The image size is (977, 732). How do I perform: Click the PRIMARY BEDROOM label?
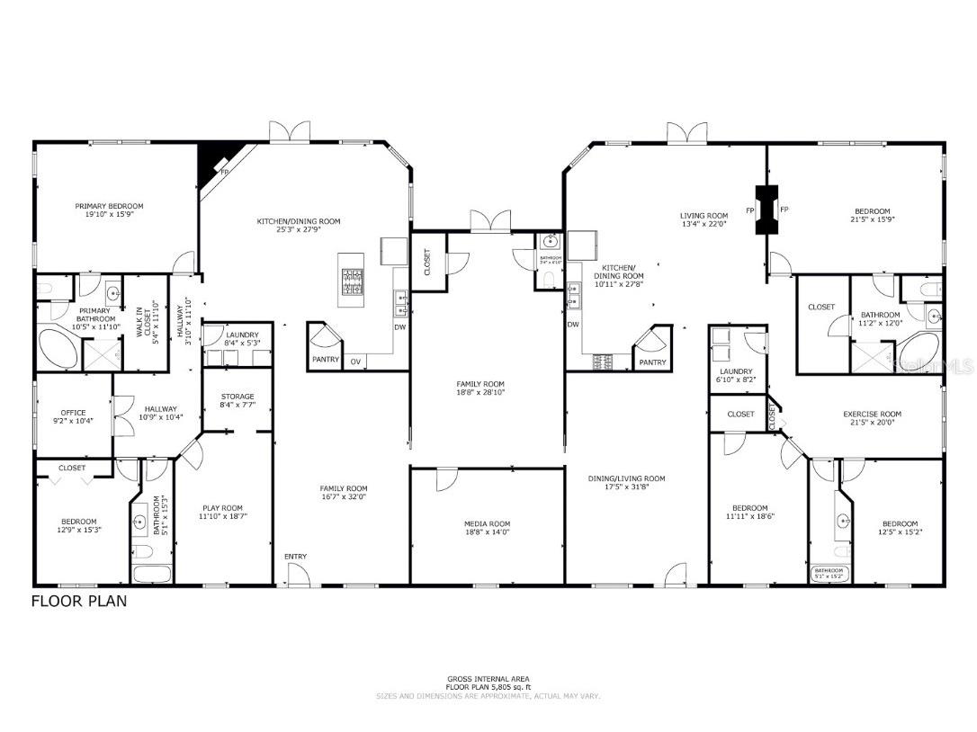click(x=109, y=206)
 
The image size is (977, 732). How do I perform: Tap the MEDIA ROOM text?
click(x=487, y=524)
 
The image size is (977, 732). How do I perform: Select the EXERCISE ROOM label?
click(x=872, y=415)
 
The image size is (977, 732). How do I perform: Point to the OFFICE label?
click(x=73, y=414)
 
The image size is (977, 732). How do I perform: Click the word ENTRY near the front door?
click(x=295, y=557)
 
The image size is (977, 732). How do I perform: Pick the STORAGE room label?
click(x=238, y=397)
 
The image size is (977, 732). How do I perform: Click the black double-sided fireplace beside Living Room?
click(x=766, y=210)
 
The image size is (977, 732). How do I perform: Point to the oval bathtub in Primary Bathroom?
click(x=56, y=348)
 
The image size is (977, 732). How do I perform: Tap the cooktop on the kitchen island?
click(x=352, y=281)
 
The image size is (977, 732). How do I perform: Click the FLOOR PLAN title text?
click(x=79, y=601)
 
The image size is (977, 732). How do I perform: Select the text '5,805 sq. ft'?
click(x=507, y=687)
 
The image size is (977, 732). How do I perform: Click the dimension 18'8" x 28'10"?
click(x=487, y=393)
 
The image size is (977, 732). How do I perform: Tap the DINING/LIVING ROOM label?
click(x=627, y=478)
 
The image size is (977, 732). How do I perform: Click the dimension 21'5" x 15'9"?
click(x=872, y=219)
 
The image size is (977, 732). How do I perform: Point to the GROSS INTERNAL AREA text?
click(x=488, y=679)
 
